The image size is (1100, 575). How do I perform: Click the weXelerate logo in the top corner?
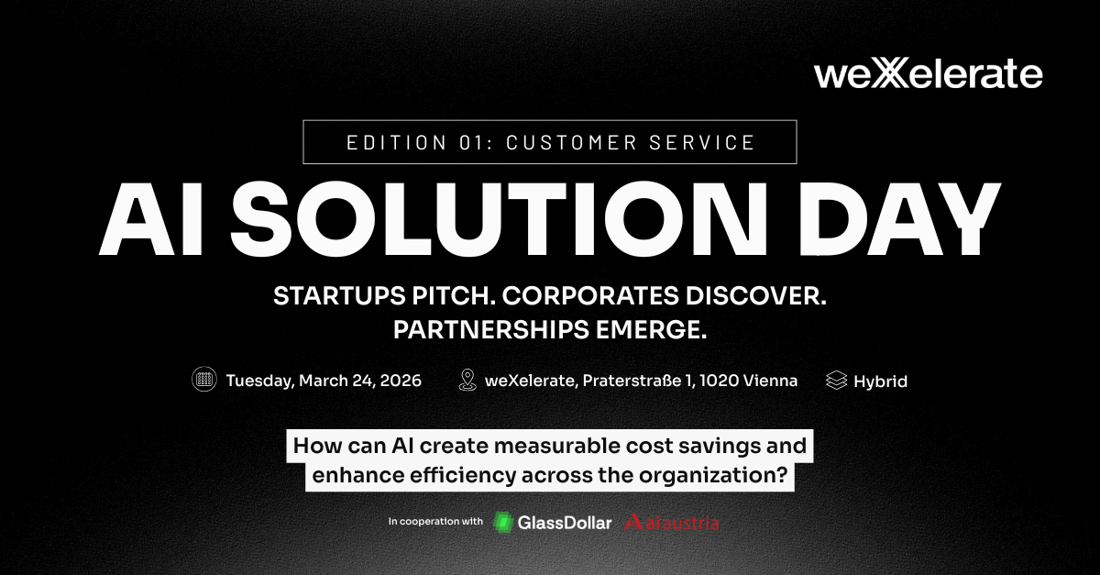pyautogui.click(x=928, y=74)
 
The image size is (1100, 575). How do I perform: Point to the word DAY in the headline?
pyautogui.click(x=899, y=219)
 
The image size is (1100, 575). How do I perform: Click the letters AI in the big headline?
pyautogui.click(x=150, y=219)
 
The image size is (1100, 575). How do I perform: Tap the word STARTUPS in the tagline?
pyautogui.click(x=339, y=296)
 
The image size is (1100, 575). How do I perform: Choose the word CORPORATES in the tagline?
pyautogui.click(x=590, y=296)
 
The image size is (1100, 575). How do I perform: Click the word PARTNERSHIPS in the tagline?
pyautogui.click(x=490, y=330)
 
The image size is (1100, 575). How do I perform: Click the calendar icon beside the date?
pyautogui.click(x=204, y=380)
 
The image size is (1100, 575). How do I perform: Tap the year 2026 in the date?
pyautogui.click(x=401, y=381)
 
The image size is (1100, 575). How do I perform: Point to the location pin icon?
pyautogui.click(x=467, y=380)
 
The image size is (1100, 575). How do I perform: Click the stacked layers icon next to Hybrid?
pyautogui.click(x=836, y=381)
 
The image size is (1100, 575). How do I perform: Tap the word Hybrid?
pyautogui.click(x=881, y=381)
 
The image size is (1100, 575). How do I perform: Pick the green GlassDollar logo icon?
pyautogui.click(x=503, y=523)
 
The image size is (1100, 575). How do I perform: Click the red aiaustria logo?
pyautogui.click(x=672, y=523)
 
